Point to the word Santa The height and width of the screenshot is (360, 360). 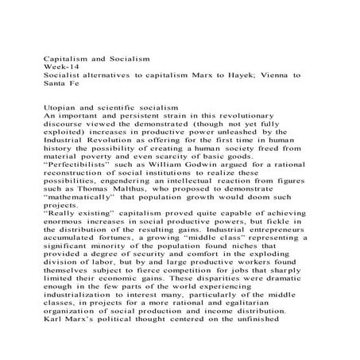tap(55, 85)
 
